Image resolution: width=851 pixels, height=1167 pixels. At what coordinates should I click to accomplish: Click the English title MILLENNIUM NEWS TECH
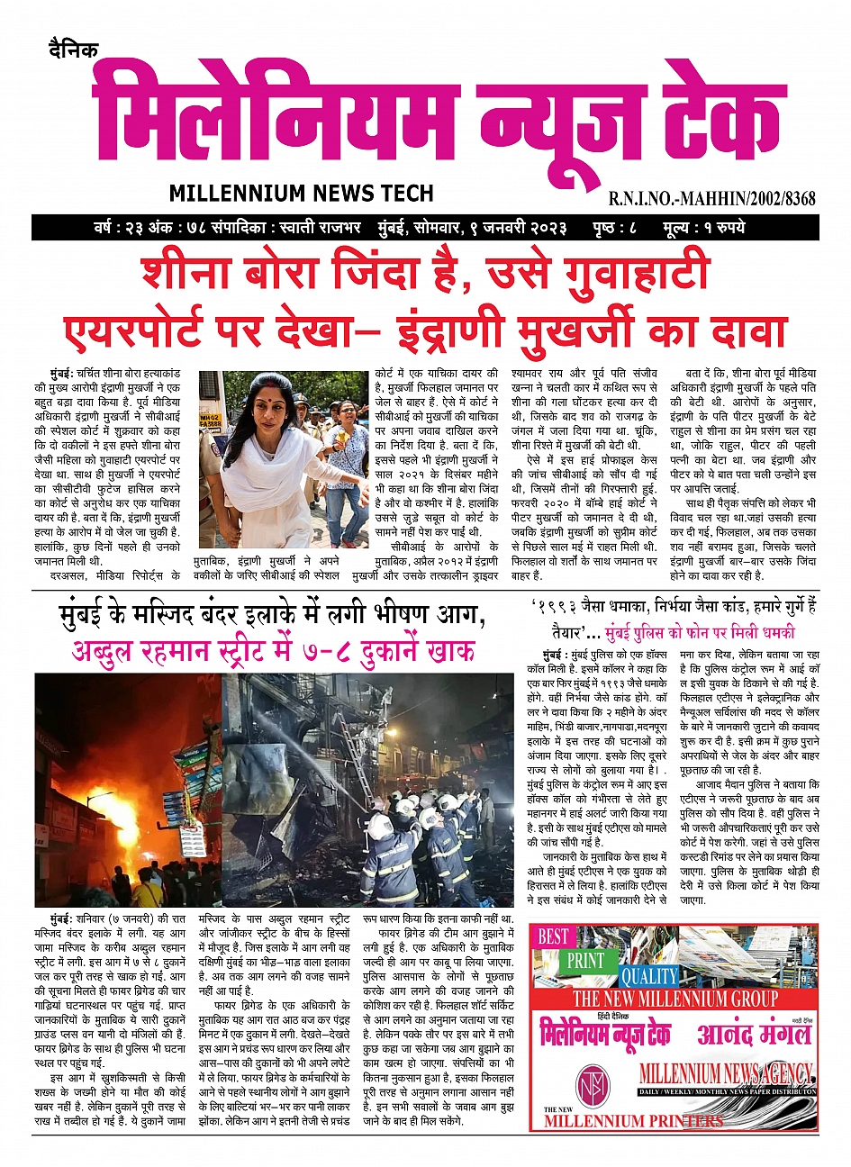click(301, 193)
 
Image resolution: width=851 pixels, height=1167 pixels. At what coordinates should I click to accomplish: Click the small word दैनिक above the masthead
click(74, 50)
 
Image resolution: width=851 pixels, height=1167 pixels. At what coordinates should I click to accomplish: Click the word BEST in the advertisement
click(553, 936)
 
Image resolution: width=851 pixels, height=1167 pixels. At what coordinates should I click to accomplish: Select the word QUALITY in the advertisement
click(649, 976)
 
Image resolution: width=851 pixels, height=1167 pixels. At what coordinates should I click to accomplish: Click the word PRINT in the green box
click(584, 960)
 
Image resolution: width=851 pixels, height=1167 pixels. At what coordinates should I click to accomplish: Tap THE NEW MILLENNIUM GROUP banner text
click(674, 999)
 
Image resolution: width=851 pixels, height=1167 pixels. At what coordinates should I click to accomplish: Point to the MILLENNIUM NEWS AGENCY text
click(726, 1073)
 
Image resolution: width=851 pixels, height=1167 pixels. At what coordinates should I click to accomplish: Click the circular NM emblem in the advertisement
click(593, 1081)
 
